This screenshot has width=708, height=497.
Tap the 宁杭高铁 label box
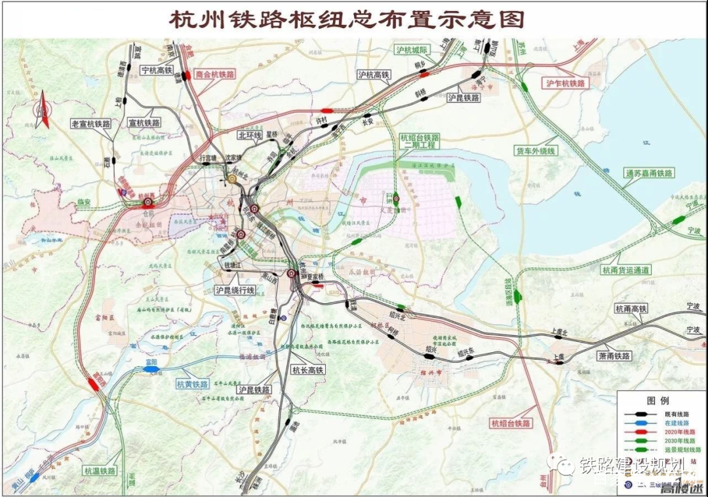156,70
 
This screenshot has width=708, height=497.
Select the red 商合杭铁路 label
214,75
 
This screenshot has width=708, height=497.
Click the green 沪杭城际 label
412,50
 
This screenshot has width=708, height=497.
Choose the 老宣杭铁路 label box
91,123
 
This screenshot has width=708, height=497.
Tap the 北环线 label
250,135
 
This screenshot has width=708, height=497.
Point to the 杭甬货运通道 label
626,269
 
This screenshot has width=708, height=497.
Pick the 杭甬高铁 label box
631,308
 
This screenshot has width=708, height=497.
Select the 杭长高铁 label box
307,370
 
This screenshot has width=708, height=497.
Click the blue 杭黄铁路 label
193,384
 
